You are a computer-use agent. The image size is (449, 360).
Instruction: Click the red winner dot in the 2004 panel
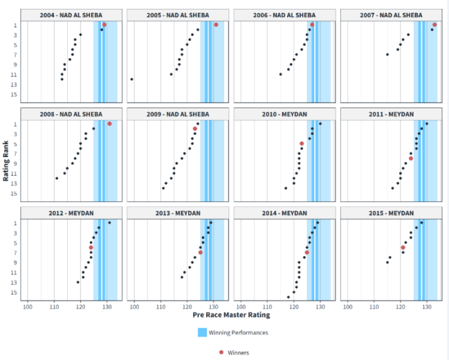point(104,25)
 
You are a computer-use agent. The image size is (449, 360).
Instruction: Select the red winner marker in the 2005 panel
point(216,25)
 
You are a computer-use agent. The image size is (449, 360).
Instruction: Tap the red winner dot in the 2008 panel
point(110,124)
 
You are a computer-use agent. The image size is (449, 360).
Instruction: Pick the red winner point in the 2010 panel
point(301,144)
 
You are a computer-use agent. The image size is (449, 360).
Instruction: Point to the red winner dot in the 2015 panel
point(403,247)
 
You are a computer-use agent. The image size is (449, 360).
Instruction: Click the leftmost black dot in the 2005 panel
point(132,79)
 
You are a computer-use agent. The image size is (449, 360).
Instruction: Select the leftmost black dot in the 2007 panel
point(388,54)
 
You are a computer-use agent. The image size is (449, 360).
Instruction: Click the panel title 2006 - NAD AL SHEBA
point(283,15)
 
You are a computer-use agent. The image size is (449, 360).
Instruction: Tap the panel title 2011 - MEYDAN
point(390,114)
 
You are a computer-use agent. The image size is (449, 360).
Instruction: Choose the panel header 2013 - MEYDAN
point(176,213)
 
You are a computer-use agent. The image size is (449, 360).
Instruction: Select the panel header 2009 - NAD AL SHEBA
point(176,114)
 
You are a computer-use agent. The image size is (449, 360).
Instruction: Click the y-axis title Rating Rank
point(6,161)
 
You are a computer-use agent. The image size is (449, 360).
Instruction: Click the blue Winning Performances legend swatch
point(202,332)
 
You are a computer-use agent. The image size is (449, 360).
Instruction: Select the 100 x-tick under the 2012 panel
point(27,307)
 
